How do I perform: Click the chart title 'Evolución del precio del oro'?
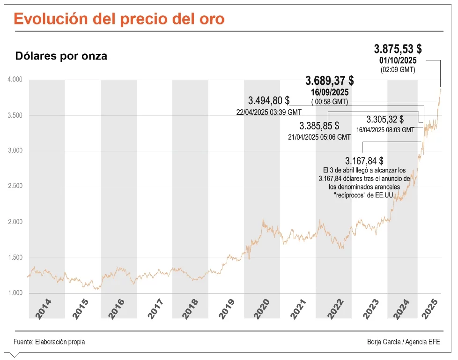click(119, 19)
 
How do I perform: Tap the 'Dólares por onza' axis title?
click(61, 56)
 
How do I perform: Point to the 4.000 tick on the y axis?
click(15, 80)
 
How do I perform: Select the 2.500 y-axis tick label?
click(15, 186)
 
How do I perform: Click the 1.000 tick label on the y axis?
click(15, 293)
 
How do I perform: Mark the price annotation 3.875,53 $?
click(398, 49)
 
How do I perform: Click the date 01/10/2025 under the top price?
click(398, 61)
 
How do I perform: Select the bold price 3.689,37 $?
click(329, 81)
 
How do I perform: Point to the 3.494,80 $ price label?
click(269, 100)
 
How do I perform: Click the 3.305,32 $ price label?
click(385, 119)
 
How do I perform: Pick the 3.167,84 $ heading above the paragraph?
click(364, 161)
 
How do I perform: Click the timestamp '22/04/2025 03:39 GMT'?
click(269, 112)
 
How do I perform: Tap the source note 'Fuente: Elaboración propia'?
click(49, 342)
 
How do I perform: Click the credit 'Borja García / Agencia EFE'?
click(403, 342)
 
